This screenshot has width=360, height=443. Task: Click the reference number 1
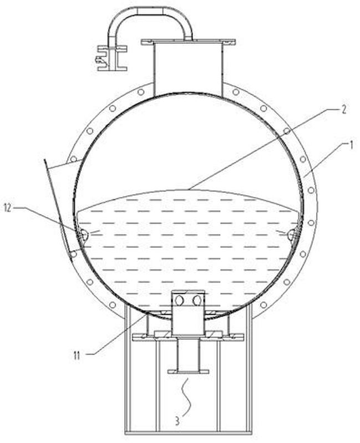pyautogui.click(x=351, y=145)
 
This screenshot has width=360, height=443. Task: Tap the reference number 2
pyautogui.click(x=343, y=109)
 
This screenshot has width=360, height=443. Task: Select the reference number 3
pyautogui.click(x=177, y=420)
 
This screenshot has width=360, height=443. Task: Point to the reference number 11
pyautogui.click(x=77, y=355)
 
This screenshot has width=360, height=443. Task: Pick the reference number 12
pyautogui.click(x=8, y=208)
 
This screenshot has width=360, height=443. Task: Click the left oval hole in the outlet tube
pyautogui.click(x=179, y=301)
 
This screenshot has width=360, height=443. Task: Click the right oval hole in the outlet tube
pyautogui.click(x=197, y=301)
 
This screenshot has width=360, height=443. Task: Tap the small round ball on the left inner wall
pyautogui.click(x=84, y=234)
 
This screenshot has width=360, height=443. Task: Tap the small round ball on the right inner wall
pyautogui.click(x=291, y=234)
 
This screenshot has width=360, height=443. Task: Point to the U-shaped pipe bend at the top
pyautogui.click(x=150, y=11)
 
